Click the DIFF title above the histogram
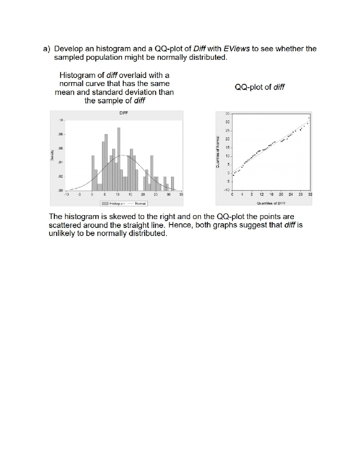123,113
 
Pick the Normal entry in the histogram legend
140,203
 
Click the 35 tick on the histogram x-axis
181,195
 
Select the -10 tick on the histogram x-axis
66,195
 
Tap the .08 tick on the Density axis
60,134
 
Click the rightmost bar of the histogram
172,183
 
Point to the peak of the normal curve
123,155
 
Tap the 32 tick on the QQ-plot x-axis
310,194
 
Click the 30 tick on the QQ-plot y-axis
227,122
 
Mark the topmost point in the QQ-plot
309,118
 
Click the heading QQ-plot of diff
259,87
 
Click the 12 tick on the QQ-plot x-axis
262,194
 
